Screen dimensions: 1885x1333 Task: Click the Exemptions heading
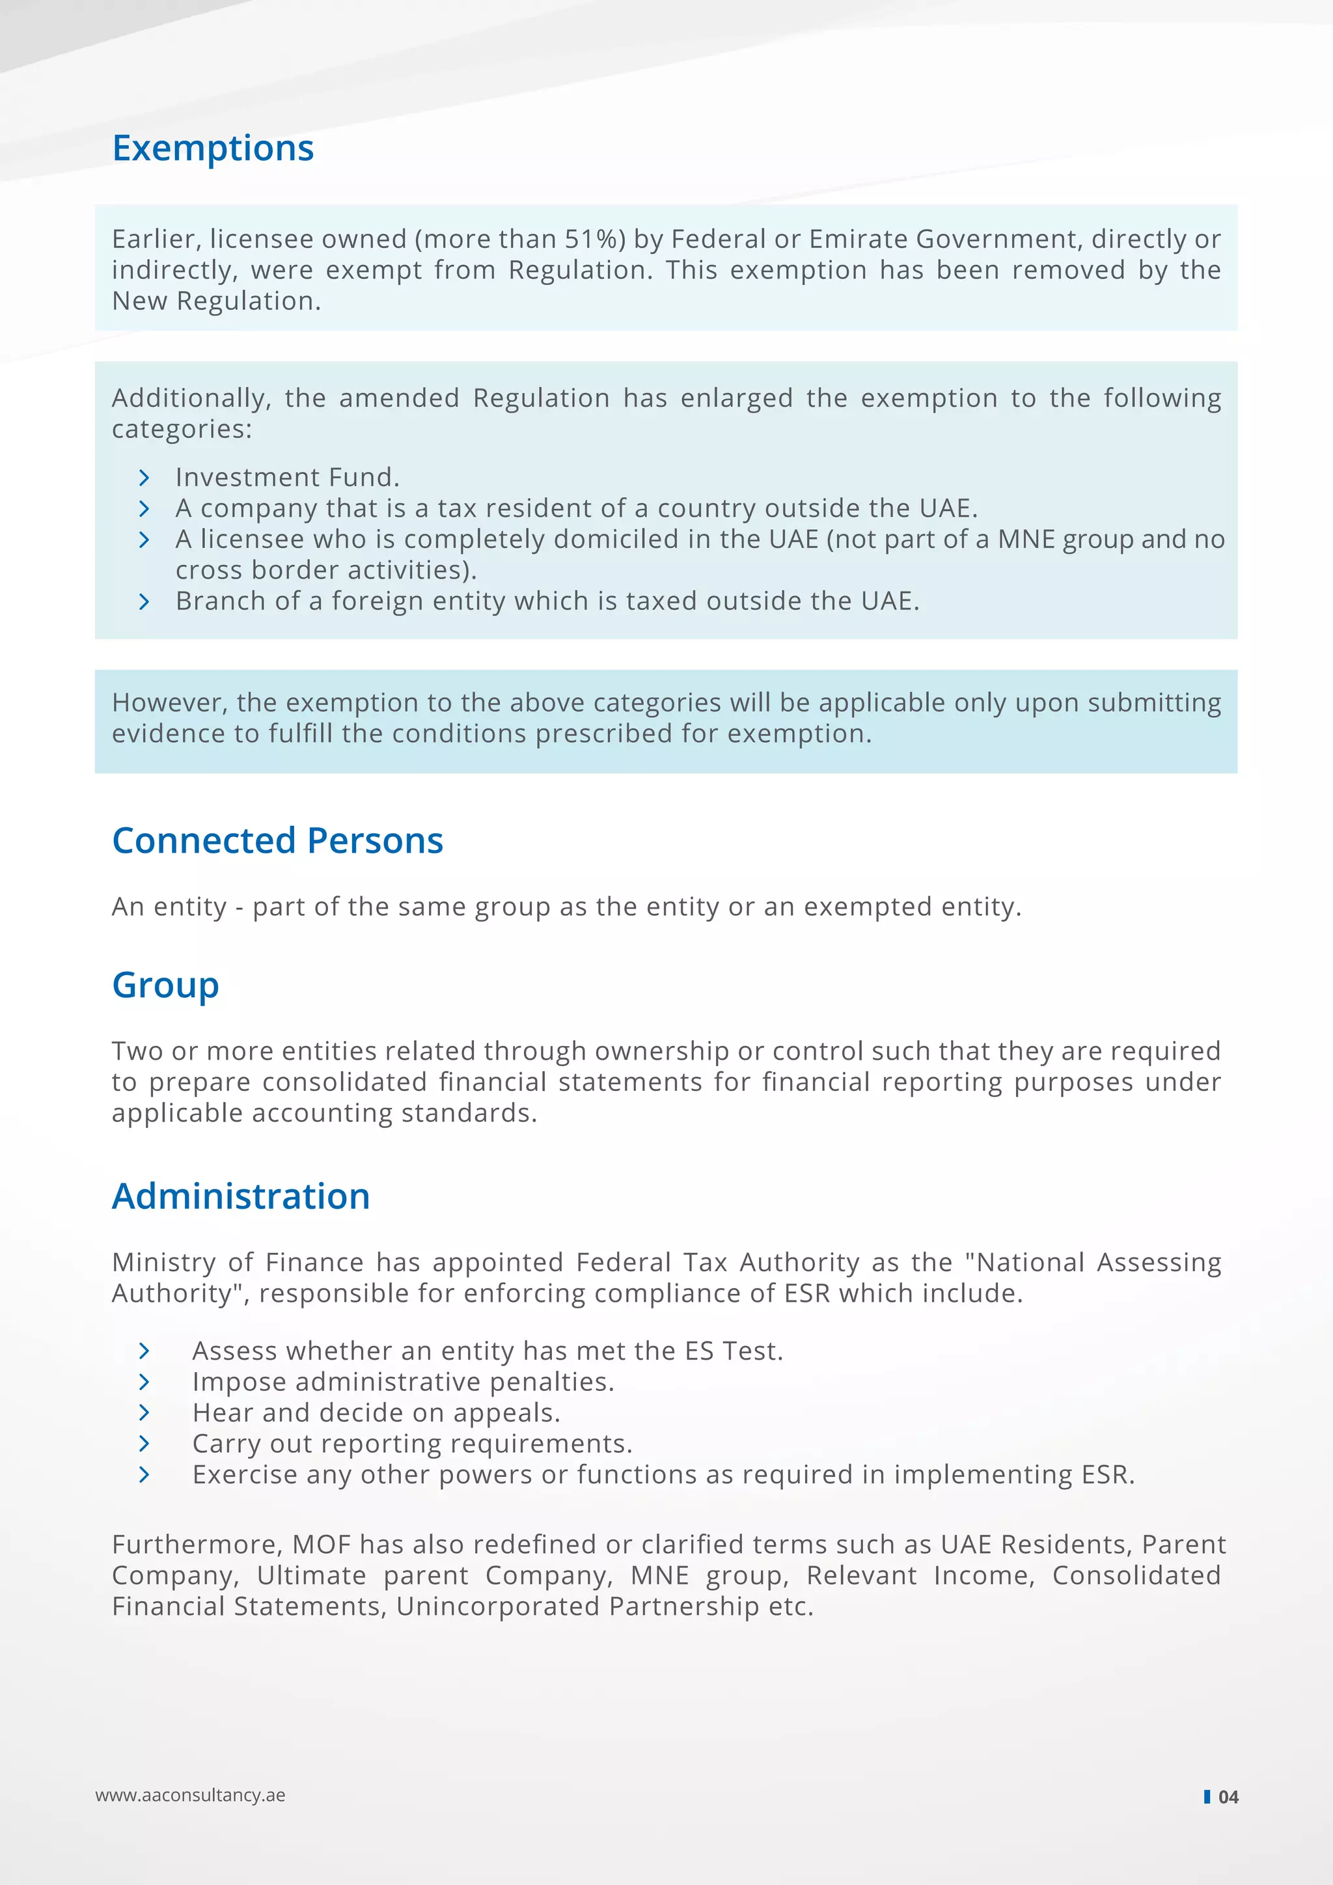pos(213,148)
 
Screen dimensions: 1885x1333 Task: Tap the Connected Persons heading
pos(277,841)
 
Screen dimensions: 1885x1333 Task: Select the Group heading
pos(165,985)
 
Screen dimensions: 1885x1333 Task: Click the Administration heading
pos(240,1196)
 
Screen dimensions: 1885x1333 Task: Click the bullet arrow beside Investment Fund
pos(144,478)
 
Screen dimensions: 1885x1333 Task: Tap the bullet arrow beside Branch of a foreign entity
pos(144,602)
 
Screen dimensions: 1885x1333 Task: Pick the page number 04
pos(1228,1797)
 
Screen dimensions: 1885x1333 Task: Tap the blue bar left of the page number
pos(1207,1796)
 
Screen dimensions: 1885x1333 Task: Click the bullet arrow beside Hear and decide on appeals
pos(144,1413)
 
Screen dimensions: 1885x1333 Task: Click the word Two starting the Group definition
pos(137,1052)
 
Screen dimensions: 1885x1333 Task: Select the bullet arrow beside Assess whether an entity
pos(144,1351)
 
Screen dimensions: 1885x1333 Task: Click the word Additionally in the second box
pos(189,398)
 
